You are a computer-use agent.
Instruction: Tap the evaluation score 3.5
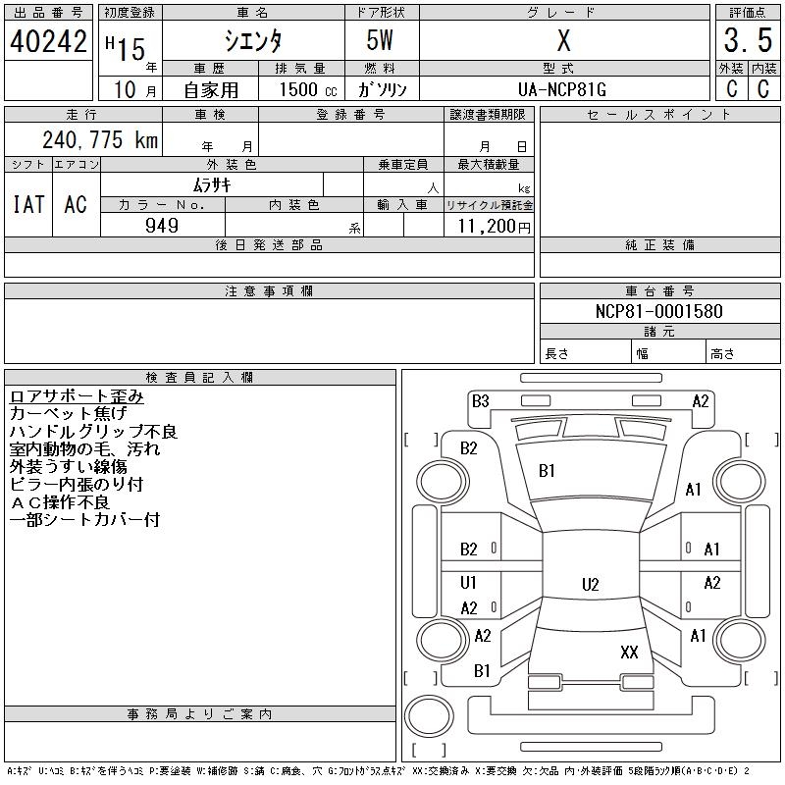[747, 42]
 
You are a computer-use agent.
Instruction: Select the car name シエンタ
[253, 41]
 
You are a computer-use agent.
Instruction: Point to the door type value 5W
[382, 41]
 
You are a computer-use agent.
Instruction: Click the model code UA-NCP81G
[562, 89]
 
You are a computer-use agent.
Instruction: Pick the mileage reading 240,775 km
[99, 140]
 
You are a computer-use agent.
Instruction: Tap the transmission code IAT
[27, 204]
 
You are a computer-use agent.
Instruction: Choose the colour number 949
[162, 226]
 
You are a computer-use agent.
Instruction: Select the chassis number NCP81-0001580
[659, 311]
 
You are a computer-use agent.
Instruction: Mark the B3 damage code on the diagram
[480, 400]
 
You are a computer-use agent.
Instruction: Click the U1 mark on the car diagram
[469, 583]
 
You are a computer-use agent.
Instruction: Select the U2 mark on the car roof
[590, 585]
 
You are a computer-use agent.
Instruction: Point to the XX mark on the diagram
[629, 652]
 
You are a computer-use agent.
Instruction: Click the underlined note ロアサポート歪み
[77, 396]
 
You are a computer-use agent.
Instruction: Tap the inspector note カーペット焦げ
[68, 414]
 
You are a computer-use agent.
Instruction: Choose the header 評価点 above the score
[747, 12]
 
